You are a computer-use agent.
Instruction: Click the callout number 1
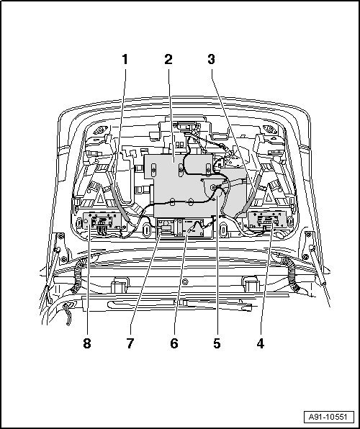coord(125,59)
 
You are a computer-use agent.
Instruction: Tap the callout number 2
coord(168,59)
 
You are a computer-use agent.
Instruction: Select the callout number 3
coord(211,59)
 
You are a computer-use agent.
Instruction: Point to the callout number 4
coord(261,343)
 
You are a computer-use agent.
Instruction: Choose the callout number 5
coord(217,343)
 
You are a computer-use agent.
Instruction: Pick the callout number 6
coord(174,343)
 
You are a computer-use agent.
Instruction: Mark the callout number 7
coord(130,343)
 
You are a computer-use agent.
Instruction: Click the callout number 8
coord(87,343)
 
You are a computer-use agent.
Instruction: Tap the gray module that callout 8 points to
coord(102,221)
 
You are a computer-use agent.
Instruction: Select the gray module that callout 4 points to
coord(267,219)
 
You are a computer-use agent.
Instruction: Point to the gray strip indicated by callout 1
coord(120,202)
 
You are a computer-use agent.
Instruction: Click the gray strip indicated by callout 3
coord(251,194)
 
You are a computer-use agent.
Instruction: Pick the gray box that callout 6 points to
coord(194,227)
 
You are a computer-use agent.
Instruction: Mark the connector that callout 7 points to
coord(166,227)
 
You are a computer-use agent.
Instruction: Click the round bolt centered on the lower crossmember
coord(185,281)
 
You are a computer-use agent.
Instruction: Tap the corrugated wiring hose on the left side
coord(79,275)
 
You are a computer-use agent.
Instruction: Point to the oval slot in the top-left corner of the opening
coord(101,130)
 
